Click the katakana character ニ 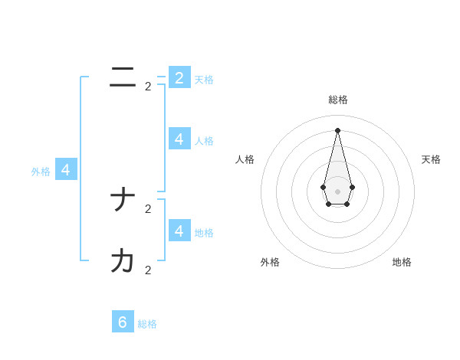(123, 77)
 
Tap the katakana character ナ (123, 201)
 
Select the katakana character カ (123, 261)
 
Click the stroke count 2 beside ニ (148, 87)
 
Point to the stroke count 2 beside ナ (148, 208)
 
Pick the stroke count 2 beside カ (148, 270)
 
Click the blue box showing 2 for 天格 (179, 77)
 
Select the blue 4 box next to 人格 (179, 139)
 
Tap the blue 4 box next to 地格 (179, 230)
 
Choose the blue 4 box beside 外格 (66, 170)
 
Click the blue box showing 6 (123, 322)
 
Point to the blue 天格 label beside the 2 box (204, 80)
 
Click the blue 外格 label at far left (41, 172)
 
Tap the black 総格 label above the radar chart (338, 100)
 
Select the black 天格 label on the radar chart (431, 159)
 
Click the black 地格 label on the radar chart (402, 262)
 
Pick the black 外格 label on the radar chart (270, 262)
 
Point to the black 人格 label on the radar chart (245, 159)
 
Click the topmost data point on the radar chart (337, 130)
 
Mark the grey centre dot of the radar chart (337, 191)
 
